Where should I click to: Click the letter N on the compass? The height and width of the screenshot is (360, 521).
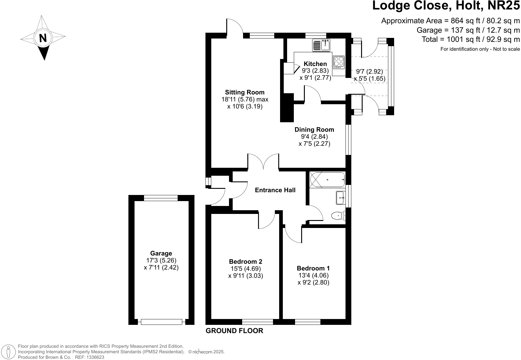point(43,38)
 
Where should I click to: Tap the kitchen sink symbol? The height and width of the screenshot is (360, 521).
point(321,45)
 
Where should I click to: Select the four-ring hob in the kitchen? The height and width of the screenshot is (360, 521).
point(338,61)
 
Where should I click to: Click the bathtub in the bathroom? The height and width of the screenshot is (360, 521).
point(327,180)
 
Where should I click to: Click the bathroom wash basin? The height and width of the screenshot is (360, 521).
point(340,198)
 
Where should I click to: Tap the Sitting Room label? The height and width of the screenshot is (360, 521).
point(245,92)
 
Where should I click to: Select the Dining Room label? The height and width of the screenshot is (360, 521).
point(314,130)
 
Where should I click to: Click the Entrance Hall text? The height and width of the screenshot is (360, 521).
point(275,190)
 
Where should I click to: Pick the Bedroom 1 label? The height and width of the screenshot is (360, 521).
point(313,268)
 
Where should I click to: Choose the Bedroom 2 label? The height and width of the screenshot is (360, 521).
point(246,262)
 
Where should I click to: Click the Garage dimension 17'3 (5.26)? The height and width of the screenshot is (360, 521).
point(161,260)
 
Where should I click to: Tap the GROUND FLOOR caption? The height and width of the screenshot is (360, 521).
point(234,331)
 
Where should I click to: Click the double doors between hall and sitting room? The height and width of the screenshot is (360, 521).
point(263,162)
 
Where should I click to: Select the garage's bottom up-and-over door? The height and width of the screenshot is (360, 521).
point(161,322)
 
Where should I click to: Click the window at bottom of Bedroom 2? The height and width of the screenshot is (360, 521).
point(257,322)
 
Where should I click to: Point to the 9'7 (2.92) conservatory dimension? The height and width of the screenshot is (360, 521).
point(369,72)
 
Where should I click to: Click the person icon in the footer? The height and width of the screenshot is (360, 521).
point(9,352)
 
